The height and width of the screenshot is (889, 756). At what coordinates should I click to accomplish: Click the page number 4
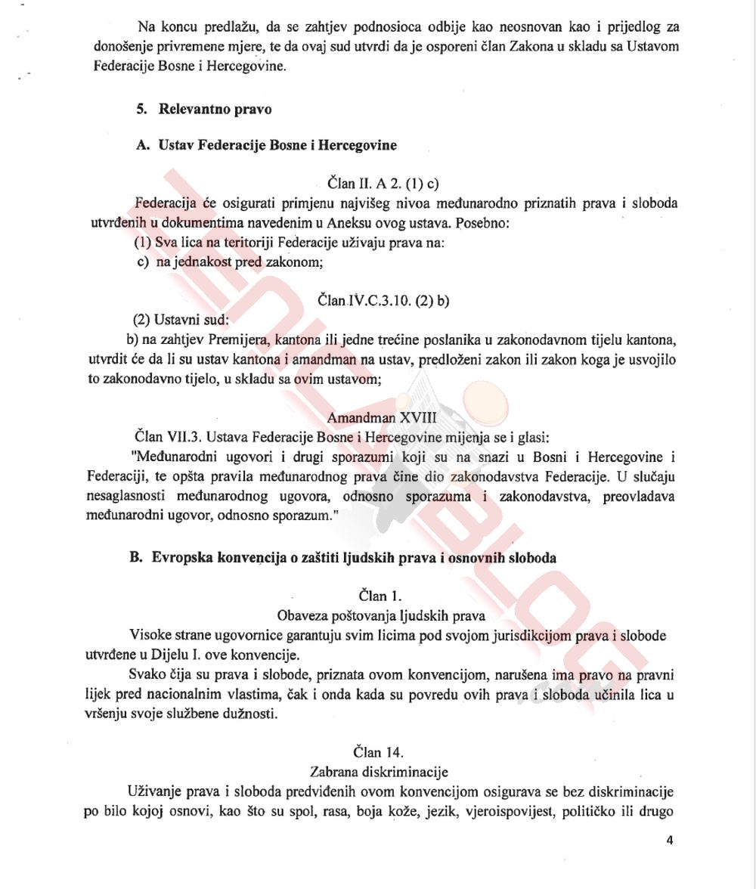pyautogui.click(x=670, y=840)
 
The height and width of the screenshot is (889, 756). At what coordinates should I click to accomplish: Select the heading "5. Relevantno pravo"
pyautogui.click(x=204, y=109)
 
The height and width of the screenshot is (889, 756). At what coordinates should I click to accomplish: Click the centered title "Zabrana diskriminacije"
pyautogui.click(x=379, y=771)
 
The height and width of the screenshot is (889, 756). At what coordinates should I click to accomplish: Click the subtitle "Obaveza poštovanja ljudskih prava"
pyautogui.click(x=381, y=615)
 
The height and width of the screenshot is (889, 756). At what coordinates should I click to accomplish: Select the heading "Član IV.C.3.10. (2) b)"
pyautogui.click(x=383, y=300)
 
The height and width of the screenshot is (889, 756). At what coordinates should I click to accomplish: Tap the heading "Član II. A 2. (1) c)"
pyautogui.click(x=383, y=183)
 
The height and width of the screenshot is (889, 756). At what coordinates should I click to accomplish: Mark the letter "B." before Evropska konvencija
pyautogui.click(x=137, y=558)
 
